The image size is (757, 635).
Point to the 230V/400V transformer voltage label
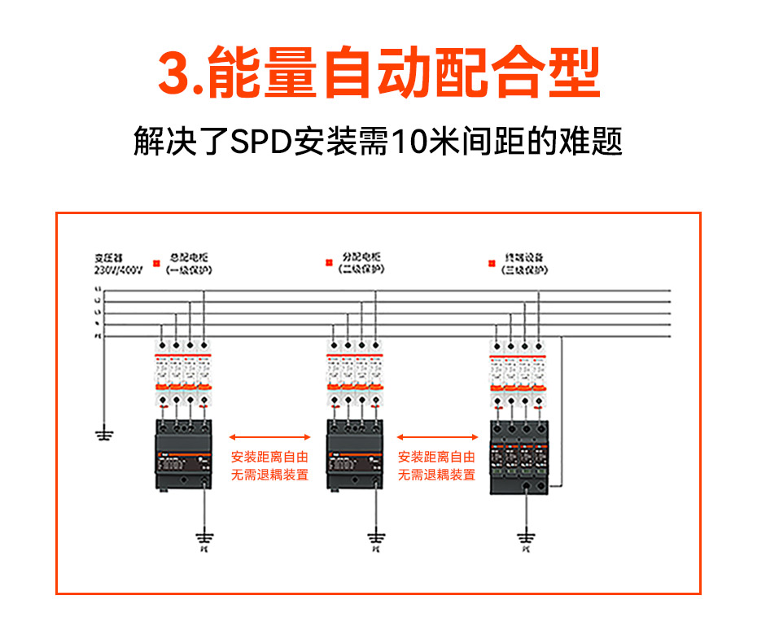[x=118, y=269]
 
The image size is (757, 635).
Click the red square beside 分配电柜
[x=329, y=262]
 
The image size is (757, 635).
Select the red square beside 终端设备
[x=491, y=262]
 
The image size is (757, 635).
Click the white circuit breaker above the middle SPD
[x=354, y=374]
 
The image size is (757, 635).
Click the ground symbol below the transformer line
[x=103, y=433]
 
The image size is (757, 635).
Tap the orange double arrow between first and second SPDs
[x=269, y=437]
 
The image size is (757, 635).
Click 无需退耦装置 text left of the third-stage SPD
[x=436, y=475]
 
